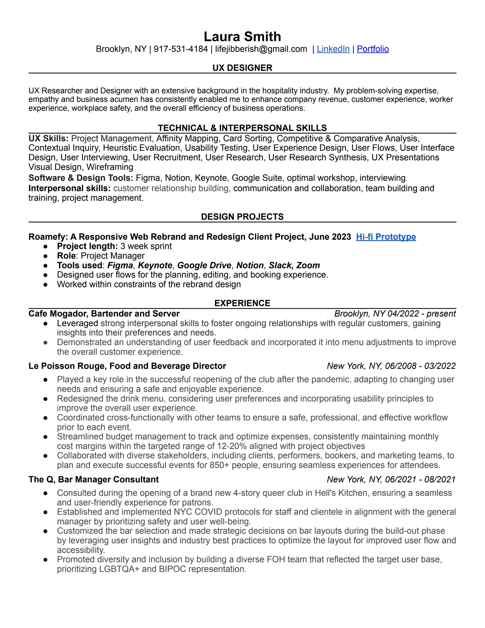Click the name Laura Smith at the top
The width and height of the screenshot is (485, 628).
click(242, 36)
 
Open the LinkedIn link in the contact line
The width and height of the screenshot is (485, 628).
click(333, 49)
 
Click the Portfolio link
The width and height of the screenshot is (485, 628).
click(373, 49)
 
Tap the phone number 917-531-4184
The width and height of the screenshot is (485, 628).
click(181, 49)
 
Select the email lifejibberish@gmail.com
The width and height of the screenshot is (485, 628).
click(261, 49)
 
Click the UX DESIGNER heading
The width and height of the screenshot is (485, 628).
click(242, 68)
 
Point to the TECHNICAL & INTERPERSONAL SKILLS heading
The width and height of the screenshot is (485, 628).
click(242, 128)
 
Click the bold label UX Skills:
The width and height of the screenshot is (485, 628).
click(48, 139)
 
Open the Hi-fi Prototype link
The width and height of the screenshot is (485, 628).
click(386, 237)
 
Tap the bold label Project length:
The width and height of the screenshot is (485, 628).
click(87, 246)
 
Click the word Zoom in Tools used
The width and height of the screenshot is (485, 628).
click(308, 265)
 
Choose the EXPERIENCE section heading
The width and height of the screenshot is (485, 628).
click(242, 303)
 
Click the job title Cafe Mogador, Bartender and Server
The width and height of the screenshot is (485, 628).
click(104, 313)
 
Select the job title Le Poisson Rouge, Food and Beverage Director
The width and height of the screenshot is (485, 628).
click(127, 366)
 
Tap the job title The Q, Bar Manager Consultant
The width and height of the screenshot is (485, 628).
click(94, 479)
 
